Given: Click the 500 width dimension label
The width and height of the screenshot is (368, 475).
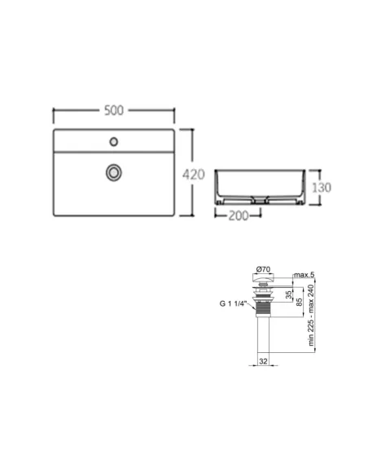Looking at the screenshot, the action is [114, 111].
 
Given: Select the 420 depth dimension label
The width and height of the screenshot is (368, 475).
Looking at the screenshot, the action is [194, 175].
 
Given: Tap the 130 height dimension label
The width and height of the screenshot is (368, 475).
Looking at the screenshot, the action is [322, 188].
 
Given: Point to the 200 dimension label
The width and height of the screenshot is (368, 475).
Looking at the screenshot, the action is [239, 216].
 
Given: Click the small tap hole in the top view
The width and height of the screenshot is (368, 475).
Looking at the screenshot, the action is [114, 142].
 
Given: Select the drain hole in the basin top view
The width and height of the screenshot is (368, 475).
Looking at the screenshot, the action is [114, 172].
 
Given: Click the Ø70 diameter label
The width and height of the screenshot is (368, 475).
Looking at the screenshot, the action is [263, 269].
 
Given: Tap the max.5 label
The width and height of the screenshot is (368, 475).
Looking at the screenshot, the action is [304, 275].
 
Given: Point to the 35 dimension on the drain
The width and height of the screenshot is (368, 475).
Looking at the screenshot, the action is [289, 294].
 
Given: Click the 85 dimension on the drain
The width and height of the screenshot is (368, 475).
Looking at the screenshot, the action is [299, 302].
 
